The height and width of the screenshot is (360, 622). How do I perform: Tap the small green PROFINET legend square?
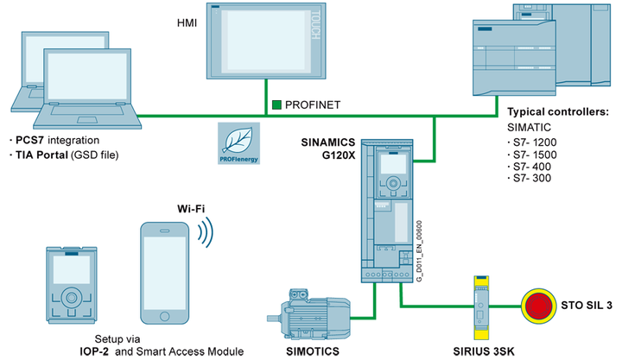(x=276, y=104)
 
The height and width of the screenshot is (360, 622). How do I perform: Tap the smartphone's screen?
(x=168, y=268)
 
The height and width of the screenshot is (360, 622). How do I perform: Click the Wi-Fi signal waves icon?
(x=206, y=231)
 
